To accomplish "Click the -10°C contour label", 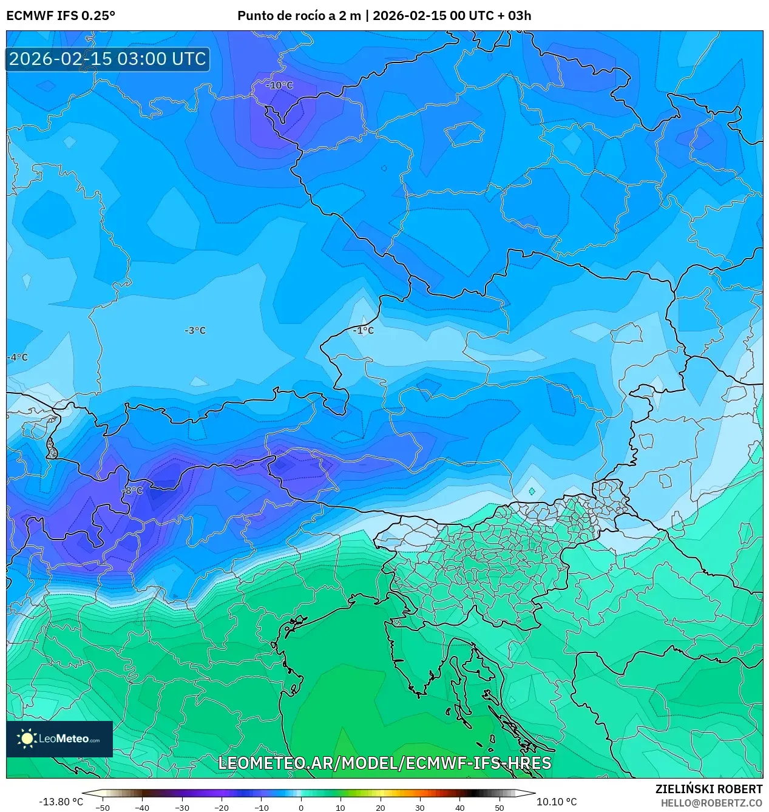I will click(279, 86).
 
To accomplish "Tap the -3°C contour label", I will click(195, 331).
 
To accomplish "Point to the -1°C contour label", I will click(364, 331).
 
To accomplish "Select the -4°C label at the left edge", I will click(18, 357).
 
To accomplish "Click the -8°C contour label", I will click(132, 490).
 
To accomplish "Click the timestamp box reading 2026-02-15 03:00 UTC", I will click(107, 59).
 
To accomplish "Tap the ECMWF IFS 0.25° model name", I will click(61, 16).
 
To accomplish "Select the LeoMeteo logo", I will click(59, 739).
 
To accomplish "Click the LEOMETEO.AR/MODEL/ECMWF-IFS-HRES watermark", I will click(384, 763).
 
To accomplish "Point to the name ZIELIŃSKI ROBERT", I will click(708, 789).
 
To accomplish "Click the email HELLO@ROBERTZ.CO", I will click(711, 803).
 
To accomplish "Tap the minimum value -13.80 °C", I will click(61, 802).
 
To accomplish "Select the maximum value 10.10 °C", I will click(557, 802).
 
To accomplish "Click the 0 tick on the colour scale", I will click(301, 808).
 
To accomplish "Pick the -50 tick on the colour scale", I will click(103, 808).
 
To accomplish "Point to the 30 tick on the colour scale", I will click(420, 808).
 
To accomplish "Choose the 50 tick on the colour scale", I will click(500, 808).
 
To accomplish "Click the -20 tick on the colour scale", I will click(222, 808).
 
